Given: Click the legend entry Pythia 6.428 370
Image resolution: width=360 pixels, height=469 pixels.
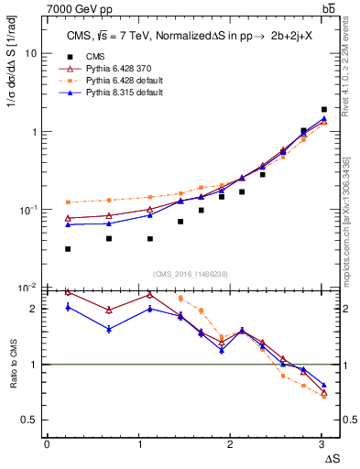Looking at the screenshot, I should (105, 68).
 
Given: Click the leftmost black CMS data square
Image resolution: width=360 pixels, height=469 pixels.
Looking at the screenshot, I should (68, 248).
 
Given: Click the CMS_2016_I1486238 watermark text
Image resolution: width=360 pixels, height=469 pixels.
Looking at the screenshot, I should (190, 273).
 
